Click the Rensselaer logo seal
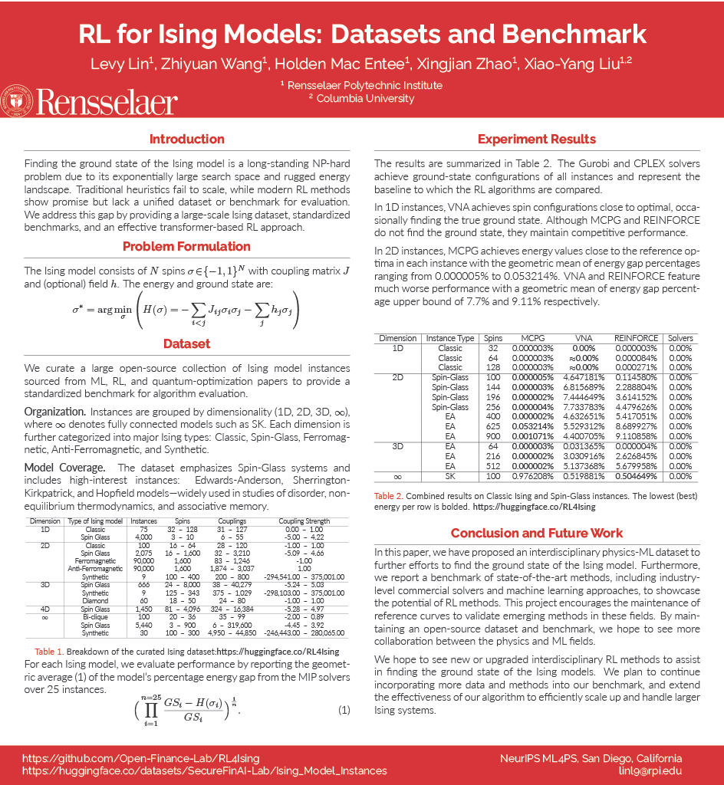[16, 100]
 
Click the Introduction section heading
[186, 140]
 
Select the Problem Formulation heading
[186, 247]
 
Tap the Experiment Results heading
[536, 140]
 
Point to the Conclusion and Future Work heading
[536, 534]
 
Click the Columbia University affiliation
[360, 98]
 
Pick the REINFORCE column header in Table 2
[636, 338]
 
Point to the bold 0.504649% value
[636, 476]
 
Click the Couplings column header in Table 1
[231, 521]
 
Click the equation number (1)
[344, 709]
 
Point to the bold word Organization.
[54, 412]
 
